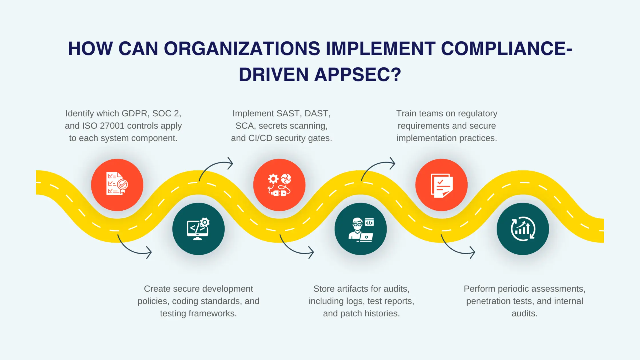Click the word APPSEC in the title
coord(358,75)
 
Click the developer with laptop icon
coord(361,229)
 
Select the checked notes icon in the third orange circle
coord(441,185)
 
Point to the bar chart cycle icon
coord(523,229)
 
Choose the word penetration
coord(489,301)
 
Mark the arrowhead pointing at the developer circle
coord(311,252)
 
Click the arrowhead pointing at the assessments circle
coord(473,252)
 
